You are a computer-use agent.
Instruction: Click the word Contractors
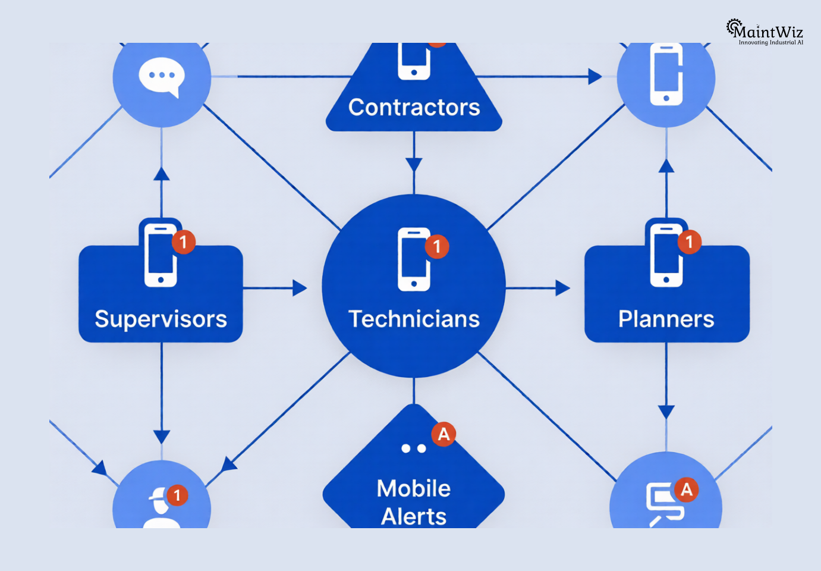[414, 108]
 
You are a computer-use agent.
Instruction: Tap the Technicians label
[414, 319]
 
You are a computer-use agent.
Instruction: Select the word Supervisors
[161, 319]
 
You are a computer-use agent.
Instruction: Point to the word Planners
[666, 319]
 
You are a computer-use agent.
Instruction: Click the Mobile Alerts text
[414, 502]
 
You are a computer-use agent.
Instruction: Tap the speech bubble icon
[161, 77]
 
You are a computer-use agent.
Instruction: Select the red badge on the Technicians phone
[437, 246]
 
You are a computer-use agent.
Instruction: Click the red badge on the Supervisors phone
[184, 242]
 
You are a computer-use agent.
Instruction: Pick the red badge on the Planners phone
[690, 242]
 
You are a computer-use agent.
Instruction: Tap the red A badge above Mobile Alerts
[443, 435]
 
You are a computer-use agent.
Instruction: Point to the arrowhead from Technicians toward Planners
[563, 288]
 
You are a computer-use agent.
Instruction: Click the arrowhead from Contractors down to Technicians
[414, 165]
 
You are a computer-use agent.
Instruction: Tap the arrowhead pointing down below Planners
[666, 412]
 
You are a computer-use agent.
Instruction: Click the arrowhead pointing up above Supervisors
[162, 173]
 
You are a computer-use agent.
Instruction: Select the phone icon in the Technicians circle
[414, 259]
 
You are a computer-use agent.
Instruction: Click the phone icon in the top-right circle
[666, 75]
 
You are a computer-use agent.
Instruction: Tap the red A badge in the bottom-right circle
[687, 490]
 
